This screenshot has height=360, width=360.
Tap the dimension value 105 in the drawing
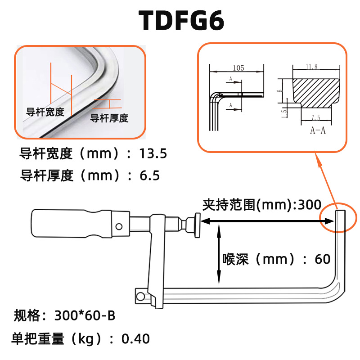(238, 68)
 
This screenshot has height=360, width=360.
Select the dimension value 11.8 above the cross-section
(311, 67)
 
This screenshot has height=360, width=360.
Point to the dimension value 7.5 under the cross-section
(315, 117)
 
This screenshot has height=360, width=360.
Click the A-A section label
(318, 130)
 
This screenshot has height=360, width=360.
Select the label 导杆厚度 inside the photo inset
(109, 118)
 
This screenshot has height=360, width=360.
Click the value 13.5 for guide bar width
(153, 154)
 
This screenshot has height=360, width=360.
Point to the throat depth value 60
(322, 259)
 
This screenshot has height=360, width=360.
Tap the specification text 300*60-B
(85, 315)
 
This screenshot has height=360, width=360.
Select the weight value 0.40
(136, 338)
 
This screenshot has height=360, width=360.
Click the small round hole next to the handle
(119, 226)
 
